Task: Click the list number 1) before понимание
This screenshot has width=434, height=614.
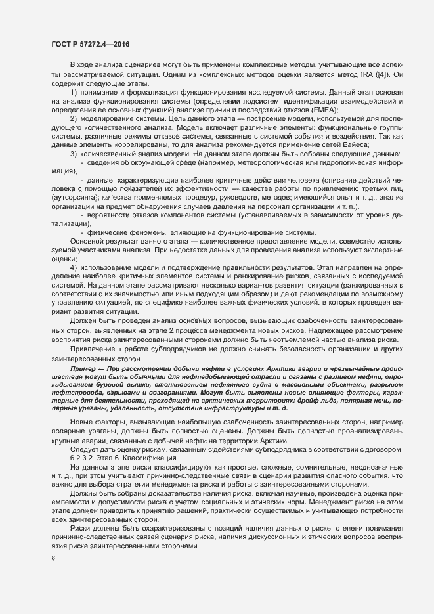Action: [x=74, y=92]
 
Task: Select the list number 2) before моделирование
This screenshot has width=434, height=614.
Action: [x=74, y=118]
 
